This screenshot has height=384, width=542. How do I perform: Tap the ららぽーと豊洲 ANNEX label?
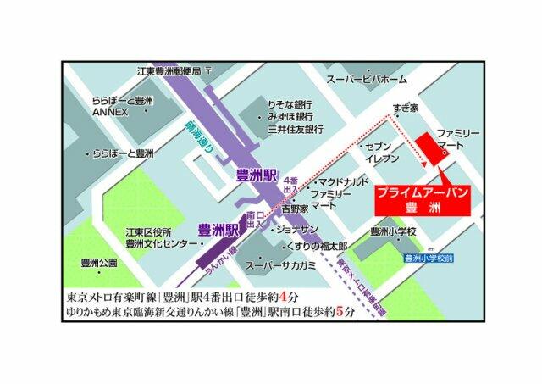[123, 106]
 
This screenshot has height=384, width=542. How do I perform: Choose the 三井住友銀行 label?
[296, 130]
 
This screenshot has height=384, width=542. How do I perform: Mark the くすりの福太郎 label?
[312, 246]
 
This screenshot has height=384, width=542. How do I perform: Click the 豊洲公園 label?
[94, 263]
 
